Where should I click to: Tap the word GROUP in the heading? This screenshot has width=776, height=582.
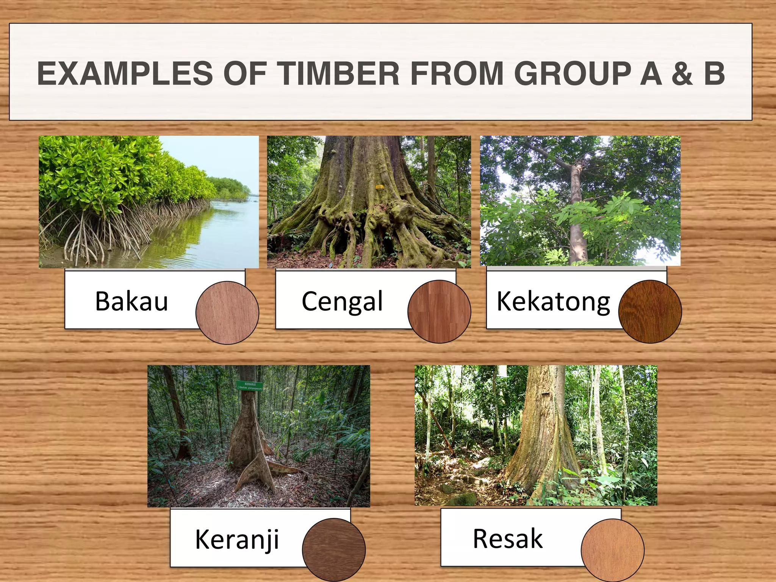pos(572,73)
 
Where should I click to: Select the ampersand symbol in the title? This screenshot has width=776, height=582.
pos(682,73)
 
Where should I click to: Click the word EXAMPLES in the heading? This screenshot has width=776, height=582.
pos(125,73)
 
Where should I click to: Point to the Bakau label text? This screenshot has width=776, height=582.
pos(131,302)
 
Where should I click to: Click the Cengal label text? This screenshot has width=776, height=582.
pos(342,302)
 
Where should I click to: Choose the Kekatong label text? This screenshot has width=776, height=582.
pos(553,302)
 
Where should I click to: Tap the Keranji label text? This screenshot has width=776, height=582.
pos(237,539)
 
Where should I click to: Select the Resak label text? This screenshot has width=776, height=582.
pos(508,538)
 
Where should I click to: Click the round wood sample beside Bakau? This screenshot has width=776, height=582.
pos(227,313)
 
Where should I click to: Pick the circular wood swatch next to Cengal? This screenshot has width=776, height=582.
pos(439,311)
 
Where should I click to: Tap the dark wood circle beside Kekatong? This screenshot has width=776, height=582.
pos(650,311)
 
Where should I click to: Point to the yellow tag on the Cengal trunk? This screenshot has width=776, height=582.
pos(379,187)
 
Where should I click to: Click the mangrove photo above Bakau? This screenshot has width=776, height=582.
pos(149,202)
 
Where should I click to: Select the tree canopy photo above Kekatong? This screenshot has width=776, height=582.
pos(580,201)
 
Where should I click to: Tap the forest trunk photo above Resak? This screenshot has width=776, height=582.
pos(536,435)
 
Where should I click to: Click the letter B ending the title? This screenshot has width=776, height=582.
pos(714,73)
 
